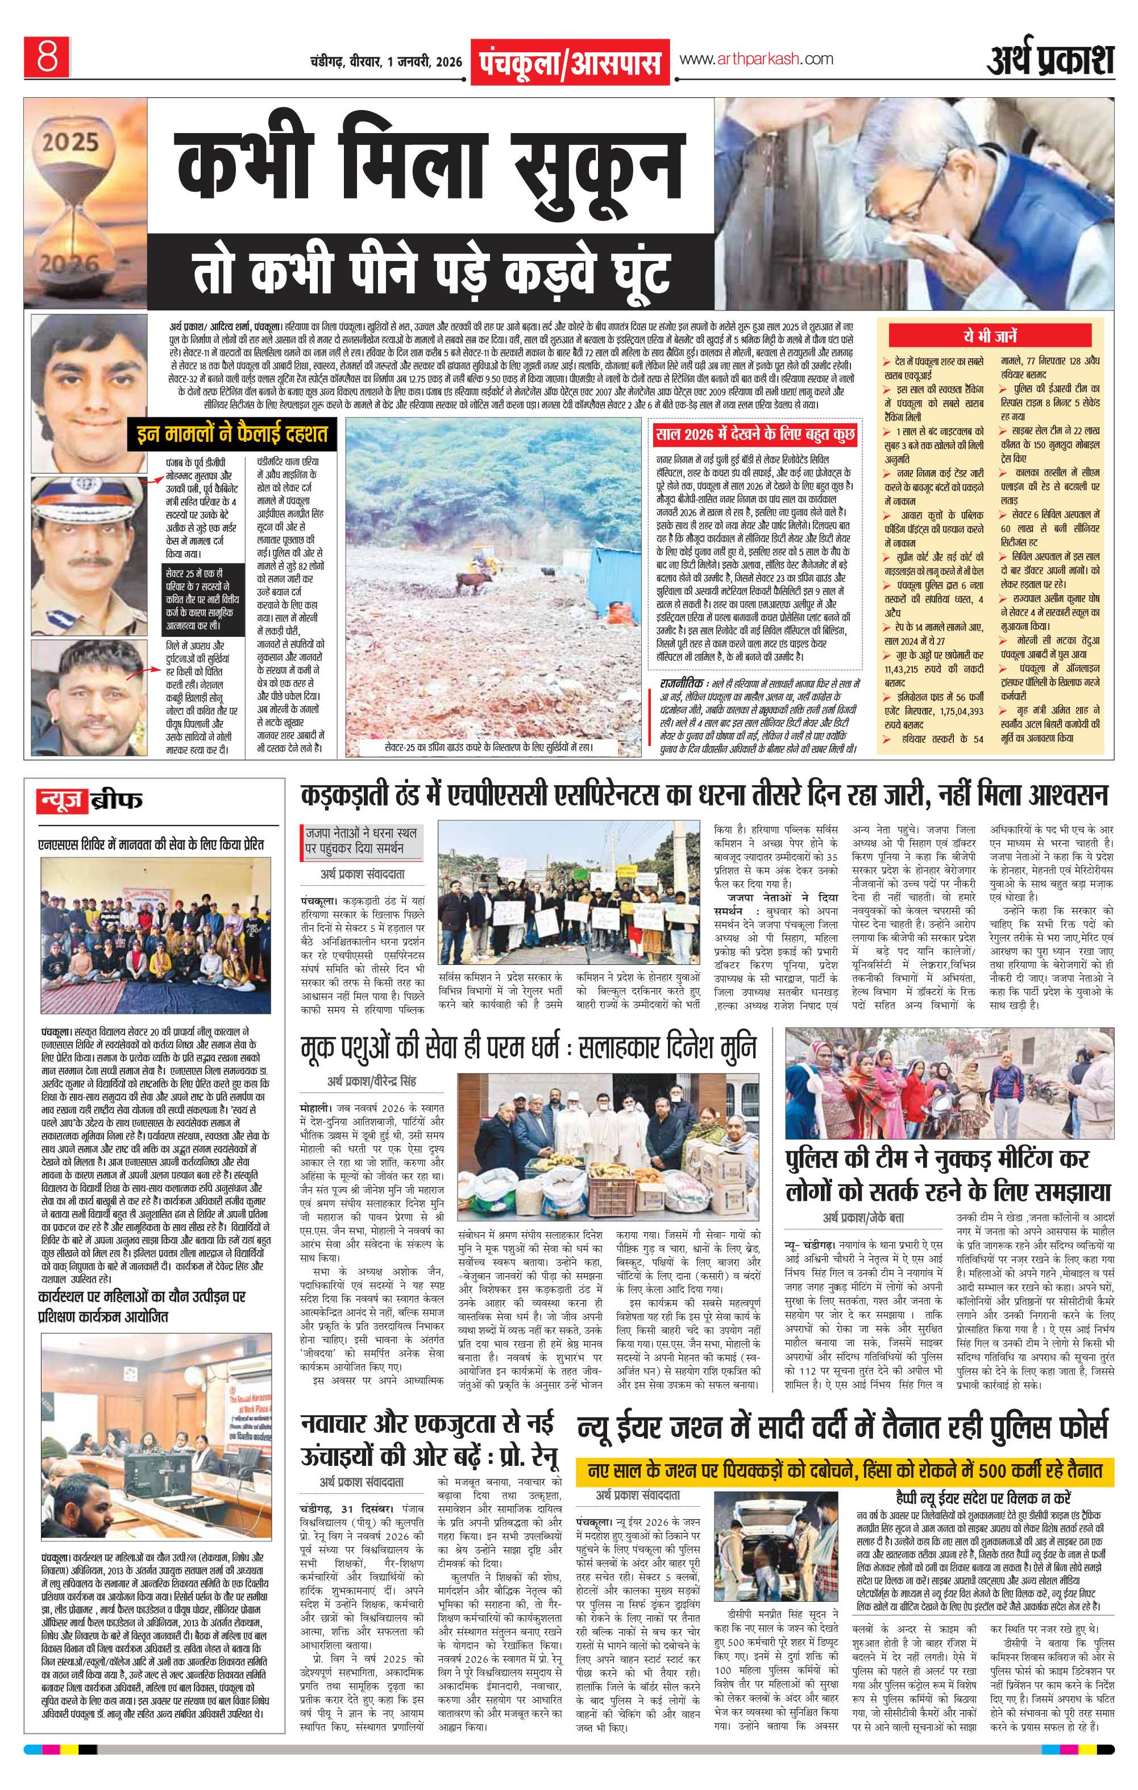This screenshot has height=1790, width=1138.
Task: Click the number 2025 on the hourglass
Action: (x=70, y=141)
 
